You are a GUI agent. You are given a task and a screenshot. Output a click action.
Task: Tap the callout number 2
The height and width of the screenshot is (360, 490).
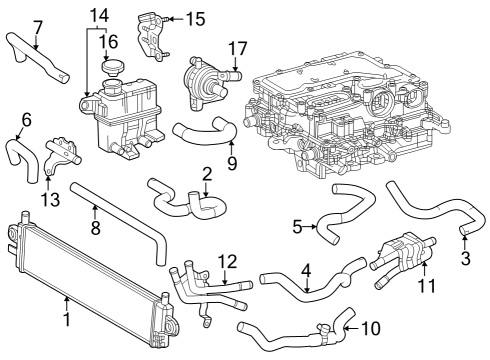pyautogui.click(x=206, y=174)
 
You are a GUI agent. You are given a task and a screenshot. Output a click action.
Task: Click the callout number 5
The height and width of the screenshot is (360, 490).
pyautogui.click(x=297, y=226)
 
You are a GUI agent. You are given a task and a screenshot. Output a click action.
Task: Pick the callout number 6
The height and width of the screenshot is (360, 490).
pyautogui.click(x=26, y=119)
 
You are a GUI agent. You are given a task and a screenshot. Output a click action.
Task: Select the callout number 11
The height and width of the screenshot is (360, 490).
pyautogui.click(x=428, y=287)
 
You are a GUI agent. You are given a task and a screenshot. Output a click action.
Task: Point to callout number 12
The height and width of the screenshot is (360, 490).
pyautogui.click(x=229, y=261)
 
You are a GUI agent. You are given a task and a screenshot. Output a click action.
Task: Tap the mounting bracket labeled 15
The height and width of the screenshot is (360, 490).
pyautogui.click(x=150, y=36)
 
